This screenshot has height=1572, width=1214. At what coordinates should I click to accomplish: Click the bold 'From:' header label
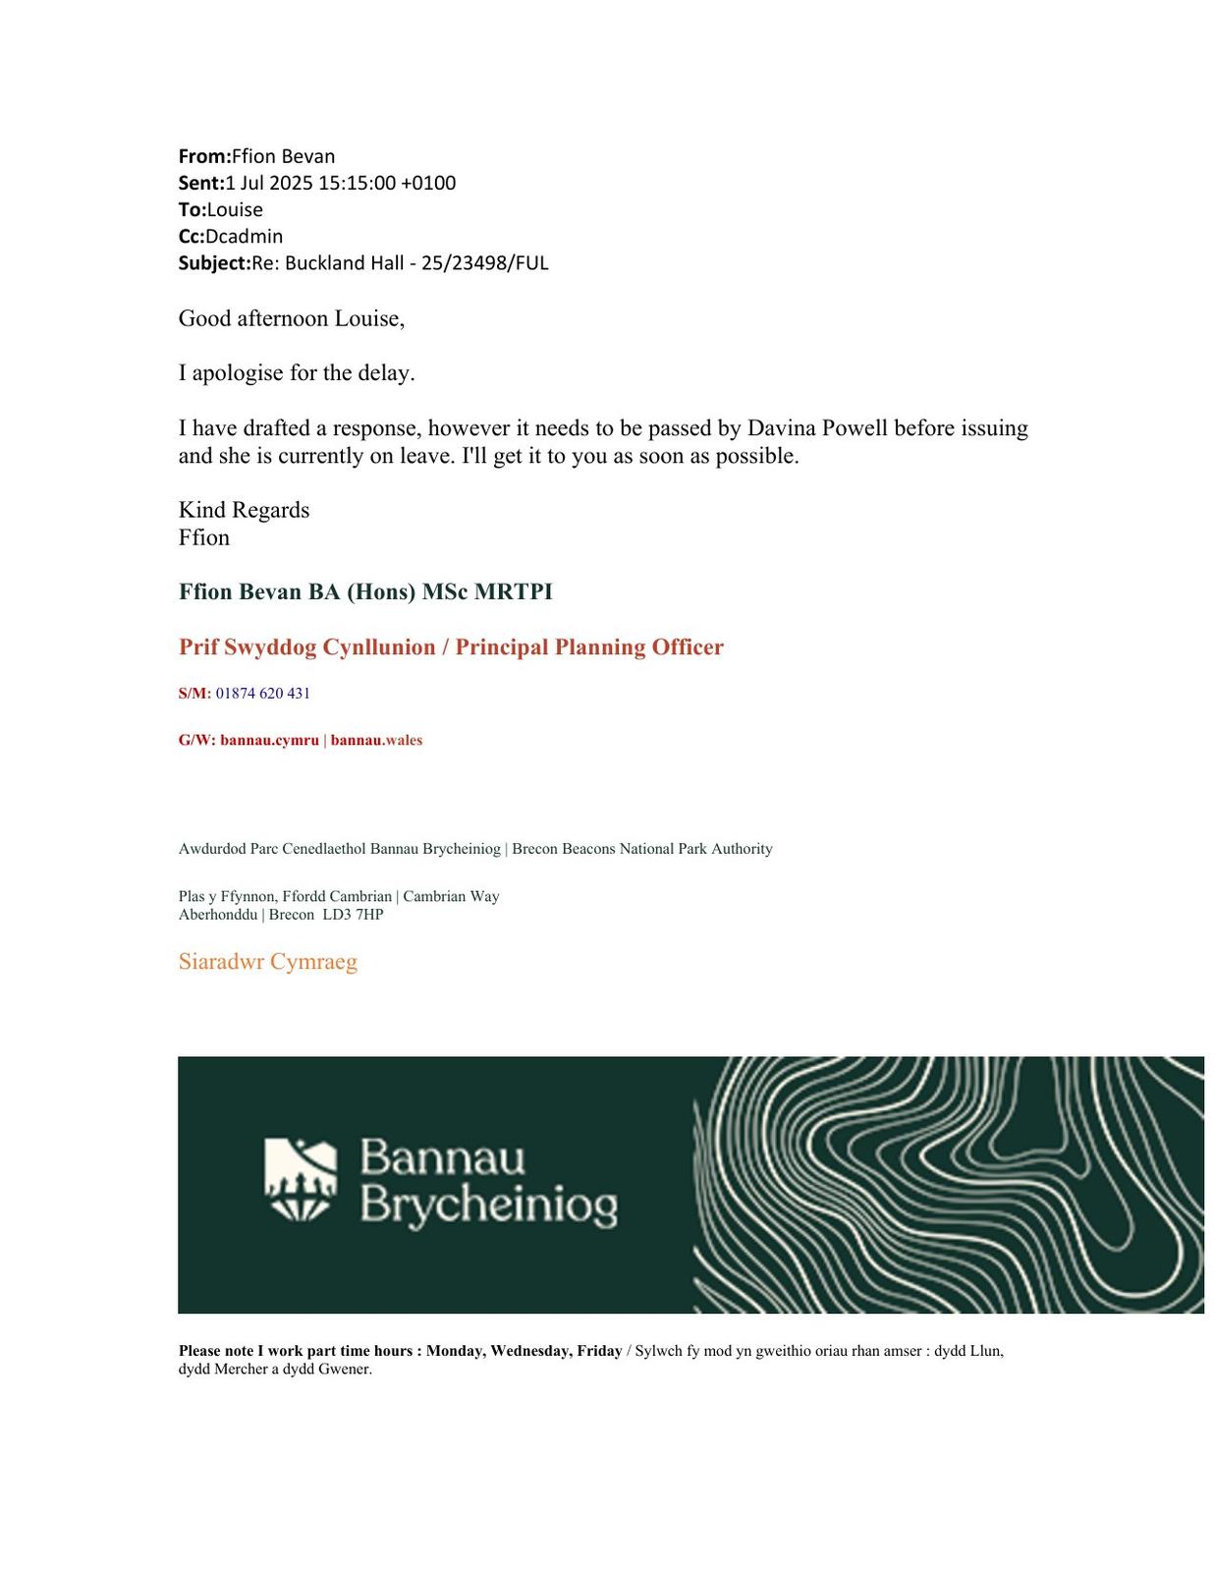tap(204, 156)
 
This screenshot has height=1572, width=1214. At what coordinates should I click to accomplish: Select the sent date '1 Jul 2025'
tap(268, 183)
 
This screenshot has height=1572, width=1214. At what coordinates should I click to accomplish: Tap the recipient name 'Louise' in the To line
tap(235, 209)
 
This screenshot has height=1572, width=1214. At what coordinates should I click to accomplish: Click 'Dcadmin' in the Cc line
tap(244, 236)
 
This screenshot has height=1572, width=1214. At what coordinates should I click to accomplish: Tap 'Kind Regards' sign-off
tap(244, 510)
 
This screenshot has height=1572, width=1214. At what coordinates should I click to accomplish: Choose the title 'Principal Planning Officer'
tap(589, 646)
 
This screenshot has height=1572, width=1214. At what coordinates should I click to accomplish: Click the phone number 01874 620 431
tap(262, 693)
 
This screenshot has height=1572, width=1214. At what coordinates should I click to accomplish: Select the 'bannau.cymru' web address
tap(269, 740)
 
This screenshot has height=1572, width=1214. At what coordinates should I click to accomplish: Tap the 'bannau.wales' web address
tap(376, 740)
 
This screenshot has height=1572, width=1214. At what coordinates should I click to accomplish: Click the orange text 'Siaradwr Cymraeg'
tap(267, 961)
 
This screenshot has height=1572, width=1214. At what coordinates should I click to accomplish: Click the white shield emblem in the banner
tap(301, 1180)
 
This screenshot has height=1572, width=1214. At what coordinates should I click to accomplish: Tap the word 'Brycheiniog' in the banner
tap(488, 1205)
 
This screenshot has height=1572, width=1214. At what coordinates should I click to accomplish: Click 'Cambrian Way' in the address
tap(451, 896)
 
